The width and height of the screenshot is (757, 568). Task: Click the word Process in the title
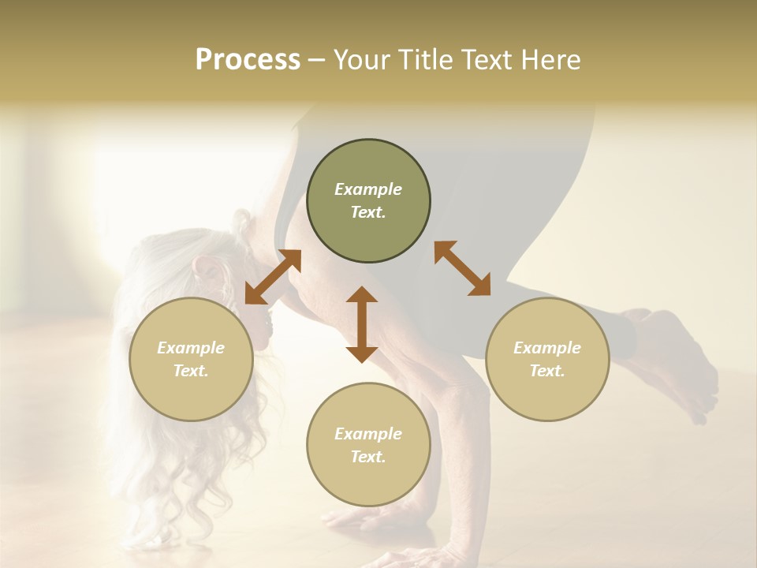pyautogui.click(x=248, y=60)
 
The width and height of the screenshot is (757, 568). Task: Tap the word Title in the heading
pyautogui.click(x=423, y=60)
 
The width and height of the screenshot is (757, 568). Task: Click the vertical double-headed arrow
pyautogui.click(x=362, y=324)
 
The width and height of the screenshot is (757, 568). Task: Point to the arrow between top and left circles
pyautogui.click(x=273, y=276)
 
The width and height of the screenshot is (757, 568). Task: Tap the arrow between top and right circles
pyautogui.click(x=462, y=268)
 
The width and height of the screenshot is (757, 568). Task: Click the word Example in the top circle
pyautogui.click(x=368, y=189)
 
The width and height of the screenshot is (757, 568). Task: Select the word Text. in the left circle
pyautogui.click(x=191, y=371)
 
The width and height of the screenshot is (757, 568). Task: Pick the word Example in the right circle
pyautogui.click(x=547, y=348)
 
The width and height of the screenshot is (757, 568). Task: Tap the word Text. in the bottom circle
pyautogui.click(x=368, y=457)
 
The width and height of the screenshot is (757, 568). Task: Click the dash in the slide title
pyautogui.click(x=317, y=60)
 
